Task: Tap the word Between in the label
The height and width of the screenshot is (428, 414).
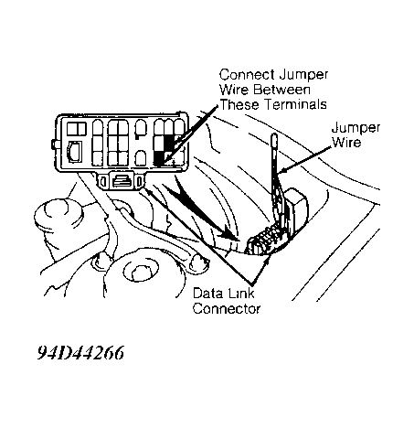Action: click(x=281, y=90)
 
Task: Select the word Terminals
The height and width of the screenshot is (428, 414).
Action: click(x=295, y=104)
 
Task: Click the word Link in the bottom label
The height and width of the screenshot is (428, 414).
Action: click(x=239, y=294)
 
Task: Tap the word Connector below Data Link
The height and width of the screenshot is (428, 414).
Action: click(x=227, y=308)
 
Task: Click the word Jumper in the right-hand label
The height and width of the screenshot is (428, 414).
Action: click(x=356, y=128)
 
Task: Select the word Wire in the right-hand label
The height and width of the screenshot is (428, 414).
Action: click(x=346, y=143)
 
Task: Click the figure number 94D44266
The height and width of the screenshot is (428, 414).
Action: click(x=80, y=353)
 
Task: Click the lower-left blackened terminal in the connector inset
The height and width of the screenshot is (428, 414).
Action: click(x=159, y=158)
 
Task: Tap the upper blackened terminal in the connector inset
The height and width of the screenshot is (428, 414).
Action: click(x=169, y=143)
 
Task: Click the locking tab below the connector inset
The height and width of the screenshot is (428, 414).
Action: click(x=122, y=181)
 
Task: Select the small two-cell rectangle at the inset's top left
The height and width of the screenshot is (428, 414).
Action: click(x=77, y=129)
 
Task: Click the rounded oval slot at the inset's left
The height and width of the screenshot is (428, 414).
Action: click(x=75, y=152)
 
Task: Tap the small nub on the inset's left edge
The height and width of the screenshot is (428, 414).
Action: click(x=55, y=144)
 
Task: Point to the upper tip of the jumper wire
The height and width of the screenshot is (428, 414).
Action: click(x=274, y=134)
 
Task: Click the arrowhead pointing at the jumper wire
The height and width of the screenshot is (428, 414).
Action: click(x=281, y=171)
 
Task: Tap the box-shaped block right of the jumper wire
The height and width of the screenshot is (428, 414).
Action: click(x=296, y=209)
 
